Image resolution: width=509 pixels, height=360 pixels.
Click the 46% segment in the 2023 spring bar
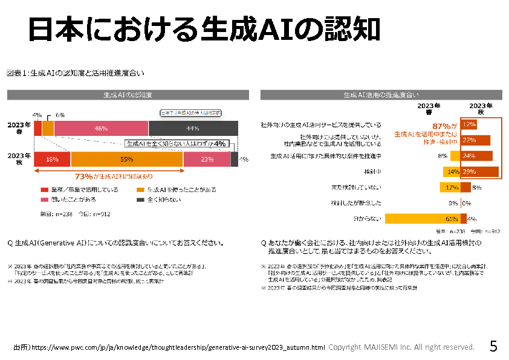(x=101, y=128)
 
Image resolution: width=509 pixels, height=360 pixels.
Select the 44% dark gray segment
(x=193, y=128)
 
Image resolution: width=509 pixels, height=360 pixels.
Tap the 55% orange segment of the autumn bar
(x=127, y=159)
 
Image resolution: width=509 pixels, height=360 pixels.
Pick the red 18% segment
(x=52, y=159)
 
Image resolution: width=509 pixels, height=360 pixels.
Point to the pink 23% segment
(x=207, y=159)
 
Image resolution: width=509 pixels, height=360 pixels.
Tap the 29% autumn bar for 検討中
(x=479, y=172)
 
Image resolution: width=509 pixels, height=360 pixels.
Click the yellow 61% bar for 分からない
(x=422, y=219)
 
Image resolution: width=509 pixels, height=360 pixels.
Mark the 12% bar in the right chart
(x=468, y=124)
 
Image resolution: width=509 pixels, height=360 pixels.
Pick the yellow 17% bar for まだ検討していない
(x=451, y=187)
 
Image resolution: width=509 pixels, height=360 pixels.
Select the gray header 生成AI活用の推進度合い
(x=381, y=95)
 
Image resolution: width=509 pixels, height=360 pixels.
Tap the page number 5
(x=493, y=347)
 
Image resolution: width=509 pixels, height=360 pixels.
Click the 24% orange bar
(x=476, y=156)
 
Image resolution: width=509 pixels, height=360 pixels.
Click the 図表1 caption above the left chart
(x=76, y=74)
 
